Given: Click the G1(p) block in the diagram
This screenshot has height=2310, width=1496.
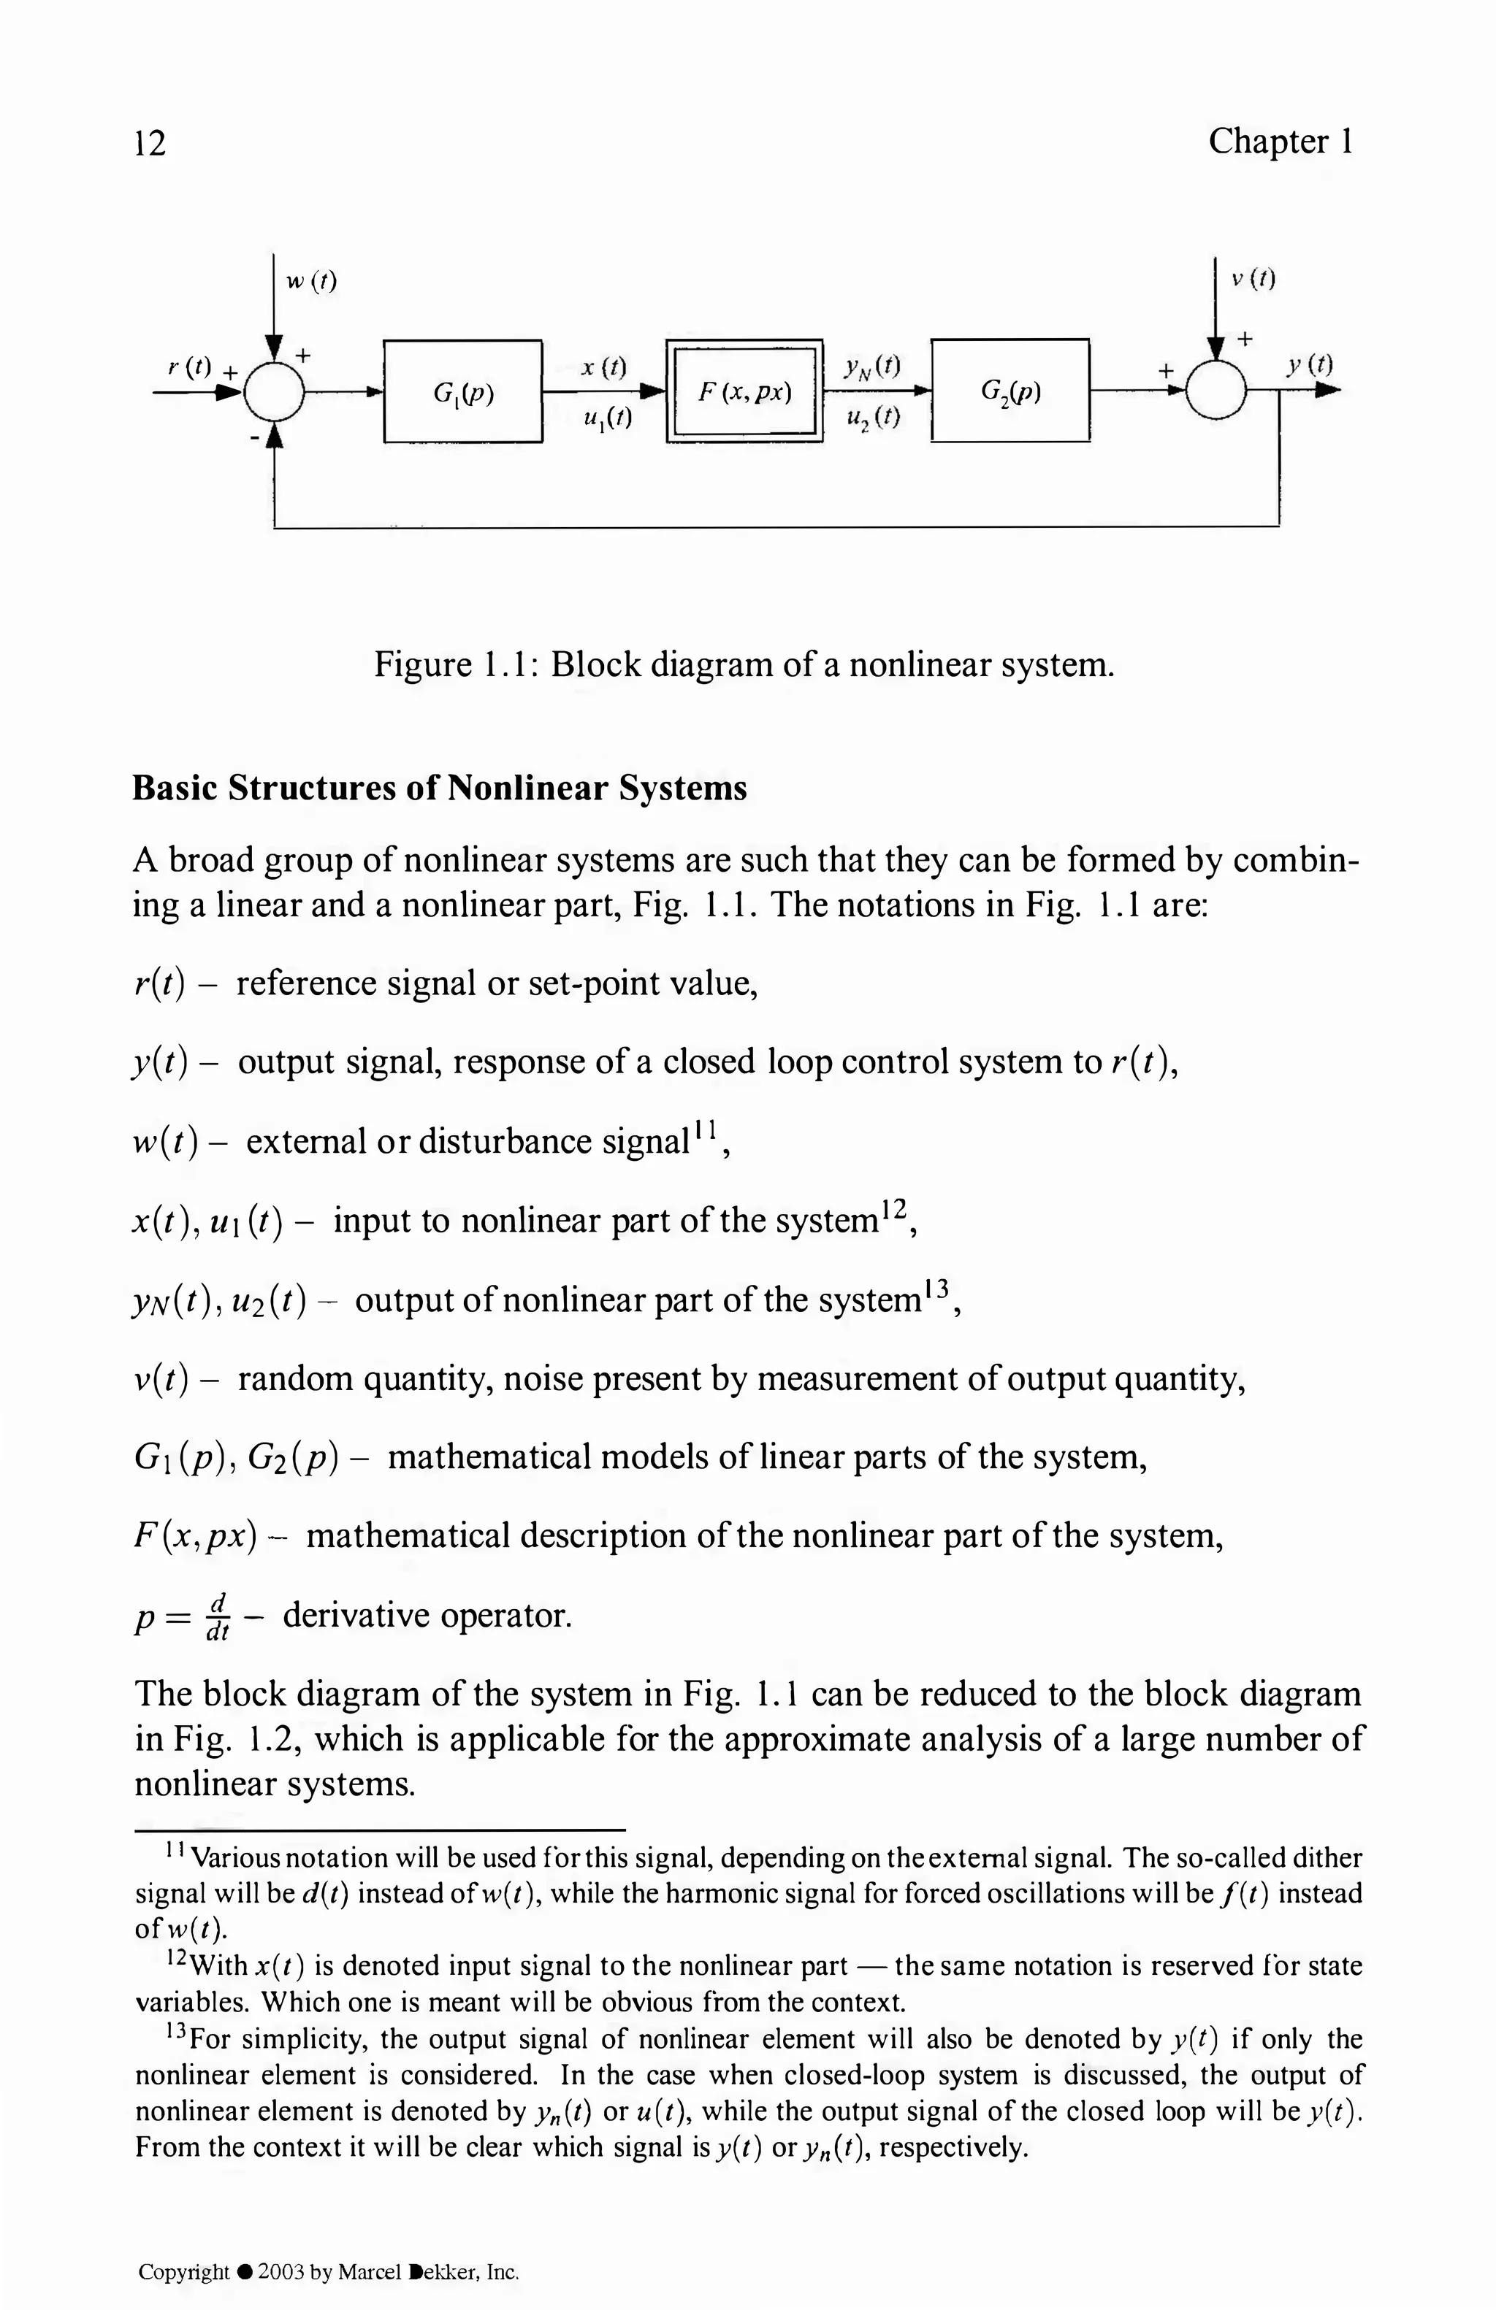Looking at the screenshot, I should [x=463, y=391].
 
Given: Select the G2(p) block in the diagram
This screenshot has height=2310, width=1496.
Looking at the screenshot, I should [x=1010, y=391].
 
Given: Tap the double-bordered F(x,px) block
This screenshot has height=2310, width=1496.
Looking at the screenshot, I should [x=744, y=391].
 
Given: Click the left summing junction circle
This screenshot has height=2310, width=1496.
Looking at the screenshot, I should [x=275, y=392].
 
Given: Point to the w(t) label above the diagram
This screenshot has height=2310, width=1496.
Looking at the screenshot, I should [x=310, y=282].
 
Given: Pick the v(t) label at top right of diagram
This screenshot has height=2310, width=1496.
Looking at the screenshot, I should [x=1252, y=280].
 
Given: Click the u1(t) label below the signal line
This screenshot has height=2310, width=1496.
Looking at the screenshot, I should [x=608, y=418].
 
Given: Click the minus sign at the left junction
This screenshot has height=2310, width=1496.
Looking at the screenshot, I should [x=253, y=440].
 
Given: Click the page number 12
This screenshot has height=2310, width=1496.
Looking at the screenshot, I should [x=150, y=142].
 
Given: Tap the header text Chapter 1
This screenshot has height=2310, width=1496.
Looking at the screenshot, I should [x=1280, y=142].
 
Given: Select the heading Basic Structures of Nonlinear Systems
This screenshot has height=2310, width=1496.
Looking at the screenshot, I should [x=439, y=787].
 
